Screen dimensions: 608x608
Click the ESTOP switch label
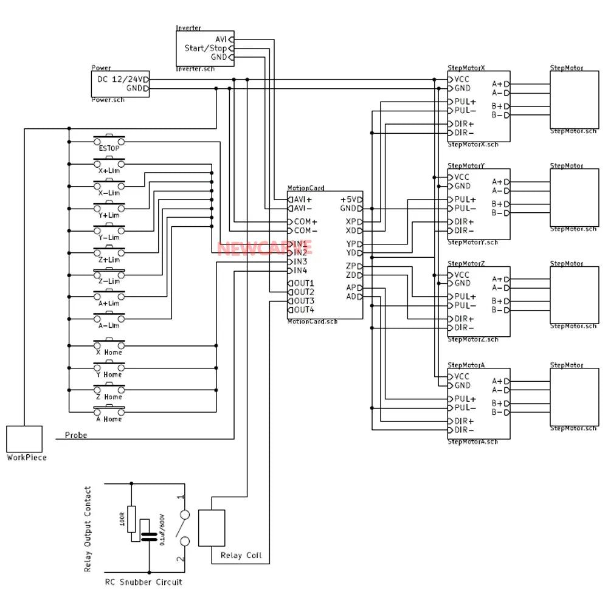109,148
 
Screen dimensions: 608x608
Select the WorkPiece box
24,438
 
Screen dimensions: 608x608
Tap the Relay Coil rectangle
212,528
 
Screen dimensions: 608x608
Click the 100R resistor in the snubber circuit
131,518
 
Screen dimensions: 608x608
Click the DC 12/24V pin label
121,80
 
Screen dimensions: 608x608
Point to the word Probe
76,435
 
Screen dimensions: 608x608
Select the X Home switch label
109,353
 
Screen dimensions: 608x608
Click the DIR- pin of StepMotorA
464,430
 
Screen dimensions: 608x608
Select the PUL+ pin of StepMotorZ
465,297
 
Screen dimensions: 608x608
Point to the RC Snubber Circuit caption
143,582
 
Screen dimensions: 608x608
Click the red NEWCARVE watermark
264,248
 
